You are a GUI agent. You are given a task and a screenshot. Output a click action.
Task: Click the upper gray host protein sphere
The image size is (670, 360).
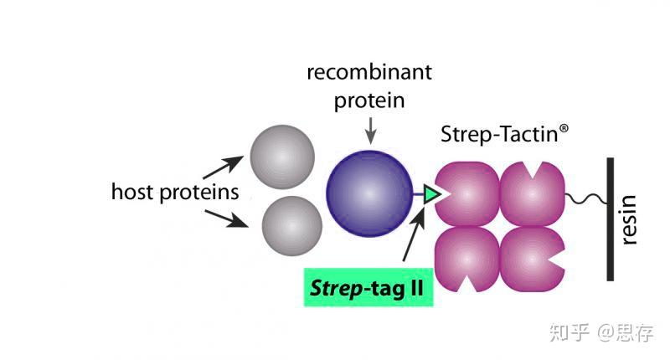tap(282, 157)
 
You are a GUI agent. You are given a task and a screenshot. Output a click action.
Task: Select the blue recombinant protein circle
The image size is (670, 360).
tap(369, 193)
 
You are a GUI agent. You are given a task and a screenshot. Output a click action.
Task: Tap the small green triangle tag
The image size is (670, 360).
tap(431, 194)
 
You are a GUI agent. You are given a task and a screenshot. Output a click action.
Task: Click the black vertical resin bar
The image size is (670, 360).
tap(611, 219)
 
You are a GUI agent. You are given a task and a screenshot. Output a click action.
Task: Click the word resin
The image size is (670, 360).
tap(630, 219)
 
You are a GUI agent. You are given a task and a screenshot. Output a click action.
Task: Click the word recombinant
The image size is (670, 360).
tap(369, 72)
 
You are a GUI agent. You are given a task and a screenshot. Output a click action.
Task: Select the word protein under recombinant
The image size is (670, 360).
tap(369, 101)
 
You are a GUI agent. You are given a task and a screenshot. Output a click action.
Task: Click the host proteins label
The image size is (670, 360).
tap(175, 192)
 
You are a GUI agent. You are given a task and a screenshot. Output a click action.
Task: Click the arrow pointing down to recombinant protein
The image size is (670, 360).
tap(369, 131)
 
